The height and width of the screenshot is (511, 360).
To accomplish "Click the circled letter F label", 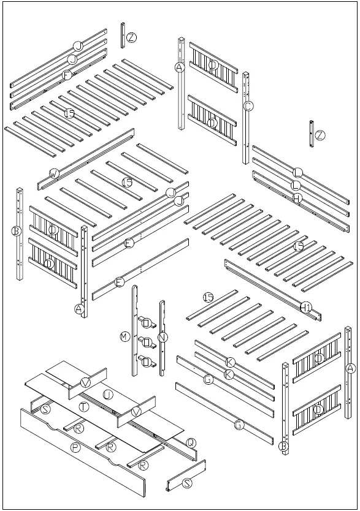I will (x=67, y=75).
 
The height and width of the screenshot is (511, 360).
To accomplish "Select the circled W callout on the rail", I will (x=54, y=174).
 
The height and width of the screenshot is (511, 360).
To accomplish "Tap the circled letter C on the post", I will (x=248, y=105).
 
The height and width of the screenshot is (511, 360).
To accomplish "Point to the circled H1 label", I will (x=307, y=306).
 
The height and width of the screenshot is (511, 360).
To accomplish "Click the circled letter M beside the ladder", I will (x=124, y=336).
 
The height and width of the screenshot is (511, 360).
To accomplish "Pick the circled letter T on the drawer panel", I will (x=83, y=406).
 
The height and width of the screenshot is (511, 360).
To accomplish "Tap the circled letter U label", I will (x=107, y=395).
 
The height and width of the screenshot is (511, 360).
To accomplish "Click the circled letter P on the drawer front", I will (x=75, y=448).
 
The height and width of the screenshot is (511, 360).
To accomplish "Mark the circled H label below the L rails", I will (x=296, y=198).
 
